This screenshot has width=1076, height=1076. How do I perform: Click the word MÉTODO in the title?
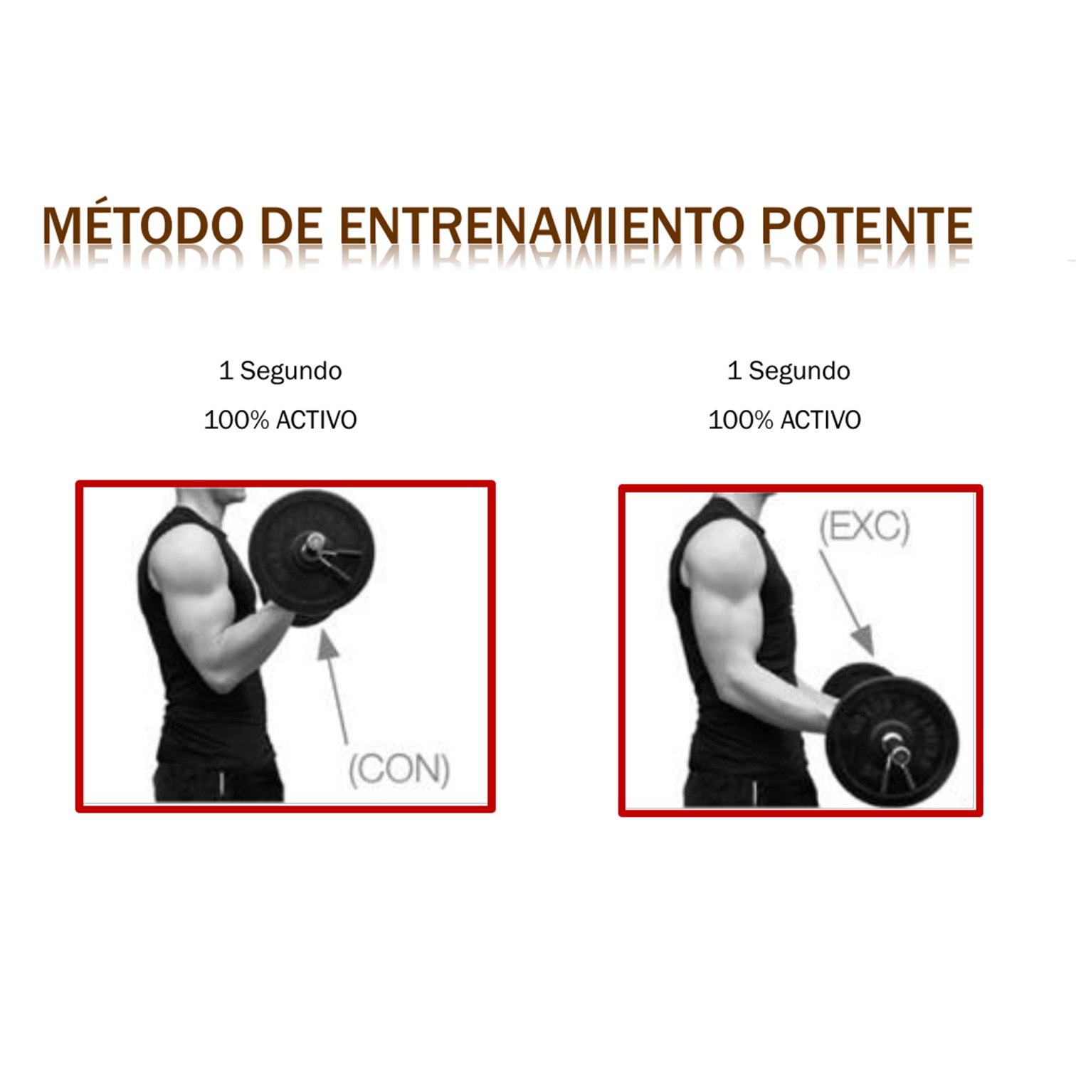point(142,226)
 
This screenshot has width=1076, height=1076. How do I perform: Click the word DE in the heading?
point(290,226)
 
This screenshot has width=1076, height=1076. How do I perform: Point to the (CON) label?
point(399,769)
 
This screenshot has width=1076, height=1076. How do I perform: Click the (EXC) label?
point(864,527)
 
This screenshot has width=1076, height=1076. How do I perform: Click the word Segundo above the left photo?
point(290,371)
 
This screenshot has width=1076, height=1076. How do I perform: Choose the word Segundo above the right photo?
point(799,371)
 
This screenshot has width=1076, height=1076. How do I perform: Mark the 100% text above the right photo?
point(740,420)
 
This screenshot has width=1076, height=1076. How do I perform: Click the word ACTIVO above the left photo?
point(316,420)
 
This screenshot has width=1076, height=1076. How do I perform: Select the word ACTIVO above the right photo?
point(821,420)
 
